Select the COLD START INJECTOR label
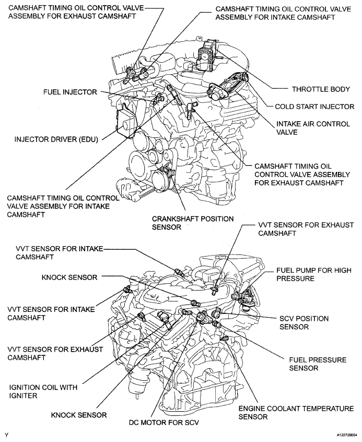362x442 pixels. pos(314,106)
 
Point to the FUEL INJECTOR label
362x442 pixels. pos(70,92)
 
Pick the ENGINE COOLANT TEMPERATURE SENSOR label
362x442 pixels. pos(296,412)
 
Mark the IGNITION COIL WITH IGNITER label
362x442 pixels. pos(43,391)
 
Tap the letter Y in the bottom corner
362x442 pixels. pos(6,434)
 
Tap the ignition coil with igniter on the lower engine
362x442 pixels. pos(164,318)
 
